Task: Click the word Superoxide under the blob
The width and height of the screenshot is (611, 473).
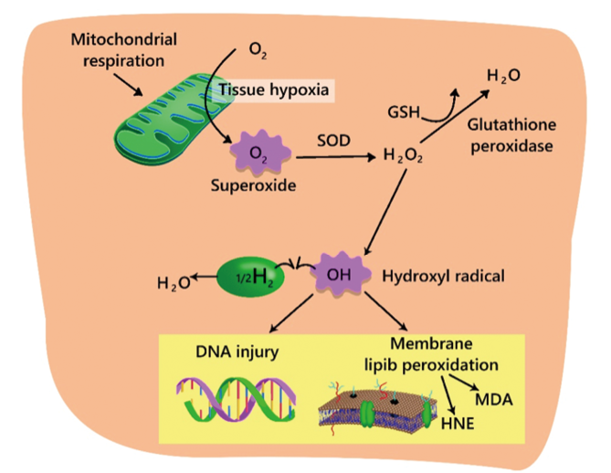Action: [x=257, y=184]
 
